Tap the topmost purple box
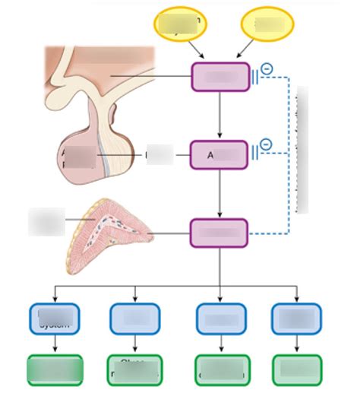click(219, 77)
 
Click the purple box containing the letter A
click(219, 155)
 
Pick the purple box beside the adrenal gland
click(219, 233)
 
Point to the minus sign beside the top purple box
click(265, 69)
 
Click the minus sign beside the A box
click(264, 144)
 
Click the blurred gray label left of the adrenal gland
click(46, 220)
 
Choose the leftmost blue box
click(55, 319)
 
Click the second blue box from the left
click(134, 319)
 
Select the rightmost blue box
click(296, 319)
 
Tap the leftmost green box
click(55, 369)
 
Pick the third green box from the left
click(220, 369)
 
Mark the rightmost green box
click(296, 369)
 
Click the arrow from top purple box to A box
click(219, 116)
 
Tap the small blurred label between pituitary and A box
click(159, 155)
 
